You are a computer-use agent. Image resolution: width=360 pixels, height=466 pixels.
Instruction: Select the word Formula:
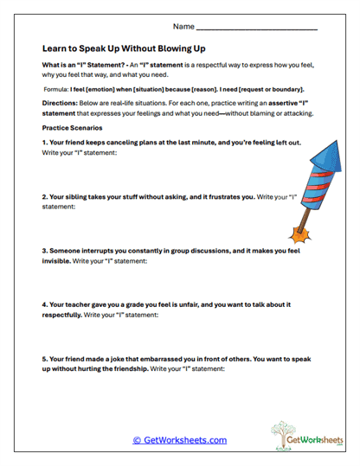tap(60, 89)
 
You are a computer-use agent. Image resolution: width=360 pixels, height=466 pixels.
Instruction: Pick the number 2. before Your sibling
tap(45, 196)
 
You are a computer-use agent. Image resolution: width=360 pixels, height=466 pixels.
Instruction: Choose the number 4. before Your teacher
tap(45, 305)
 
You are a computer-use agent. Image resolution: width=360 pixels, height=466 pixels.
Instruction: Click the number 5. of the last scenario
tap(45, 359)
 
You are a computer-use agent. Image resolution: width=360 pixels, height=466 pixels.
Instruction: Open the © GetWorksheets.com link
tap(180, 440)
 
